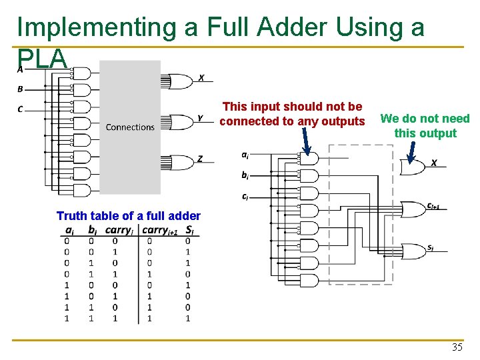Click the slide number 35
click(457, 347)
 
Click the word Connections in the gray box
click(130, 127)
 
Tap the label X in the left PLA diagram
click(201, 78)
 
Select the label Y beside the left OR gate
click(200, 119)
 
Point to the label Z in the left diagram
click(200, 159)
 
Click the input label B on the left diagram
click(20, 89)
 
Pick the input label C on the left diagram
click(20, 109)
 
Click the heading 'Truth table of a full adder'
click(128, 215)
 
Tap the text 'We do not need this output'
click(425, 126)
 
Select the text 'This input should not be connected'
click(292, 113)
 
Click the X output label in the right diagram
click(433, 163)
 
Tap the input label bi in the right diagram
click(245, 175)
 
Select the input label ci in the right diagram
click(245, 197)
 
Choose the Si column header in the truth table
click(191, 231)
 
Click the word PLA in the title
click(42, 59)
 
